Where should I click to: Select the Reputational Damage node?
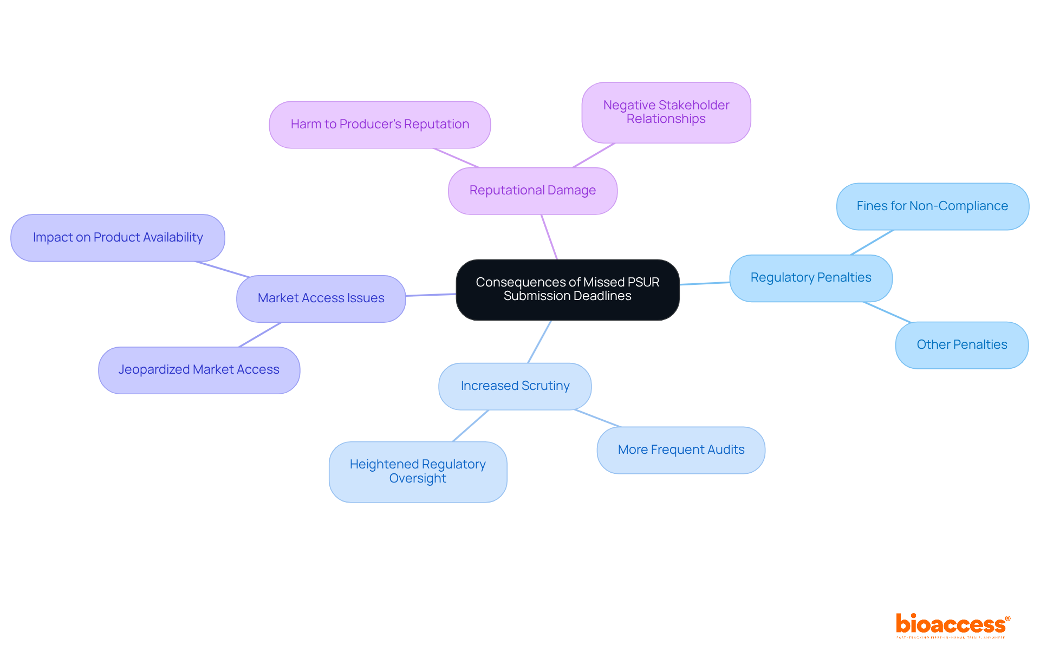[x=532, y=191]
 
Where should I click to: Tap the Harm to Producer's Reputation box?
[x=380, y=125]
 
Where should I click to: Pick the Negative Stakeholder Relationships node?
[x=666, y=112]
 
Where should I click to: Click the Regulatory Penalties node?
[x=810, y=278]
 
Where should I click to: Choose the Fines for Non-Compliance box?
[x=932, y=206]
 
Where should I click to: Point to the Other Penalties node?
[x=961, y=345]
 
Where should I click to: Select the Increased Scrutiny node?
[x=515, y=386]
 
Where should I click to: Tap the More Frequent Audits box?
[x=681, y=450]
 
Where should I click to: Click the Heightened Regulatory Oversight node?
[x=418, y=472]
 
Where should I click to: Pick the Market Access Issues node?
[x=321, y=298]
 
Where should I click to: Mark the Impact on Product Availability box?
[x=118, y=238]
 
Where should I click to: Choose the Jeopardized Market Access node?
[x=199, y=370]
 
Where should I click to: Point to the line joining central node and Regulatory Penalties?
[x=704, y=283]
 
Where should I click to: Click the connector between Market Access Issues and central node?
[x=431, y=295]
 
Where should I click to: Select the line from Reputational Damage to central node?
[x=549, y=237]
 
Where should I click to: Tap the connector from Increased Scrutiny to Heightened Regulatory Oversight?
[x=471, y=426]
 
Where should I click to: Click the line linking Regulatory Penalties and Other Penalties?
[x=887, y=312]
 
